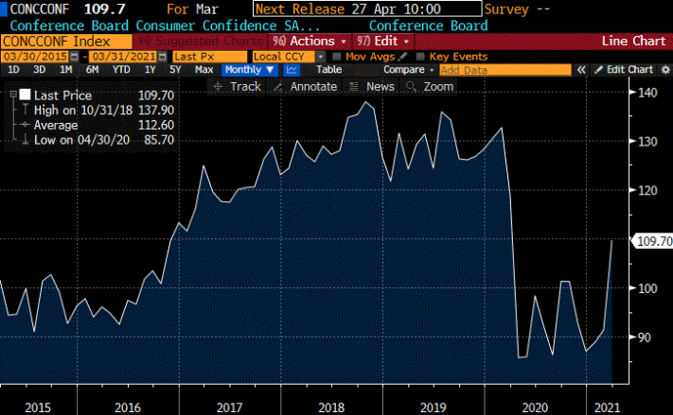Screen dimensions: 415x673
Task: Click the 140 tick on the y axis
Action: point(646,93)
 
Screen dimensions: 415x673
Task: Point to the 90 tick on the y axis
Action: point(644,337)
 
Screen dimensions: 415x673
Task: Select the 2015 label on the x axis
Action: point(38,407)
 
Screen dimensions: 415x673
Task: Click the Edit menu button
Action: point(383,42)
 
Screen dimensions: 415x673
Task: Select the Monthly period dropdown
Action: point(250,70)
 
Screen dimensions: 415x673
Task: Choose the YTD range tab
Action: point(121,70)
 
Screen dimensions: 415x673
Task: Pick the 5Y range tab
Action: point(176,70)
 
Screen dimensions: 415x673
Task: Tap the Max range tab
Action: point(204,70)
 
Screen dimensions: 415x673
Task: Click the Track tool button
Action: point(239,86)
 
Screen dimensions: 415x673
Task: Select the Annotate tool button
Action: point(306,86)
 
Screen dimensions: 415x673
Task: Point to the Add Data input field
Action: point(505,70)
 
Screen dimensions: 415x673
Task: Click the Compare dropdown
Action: point(408,70)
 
